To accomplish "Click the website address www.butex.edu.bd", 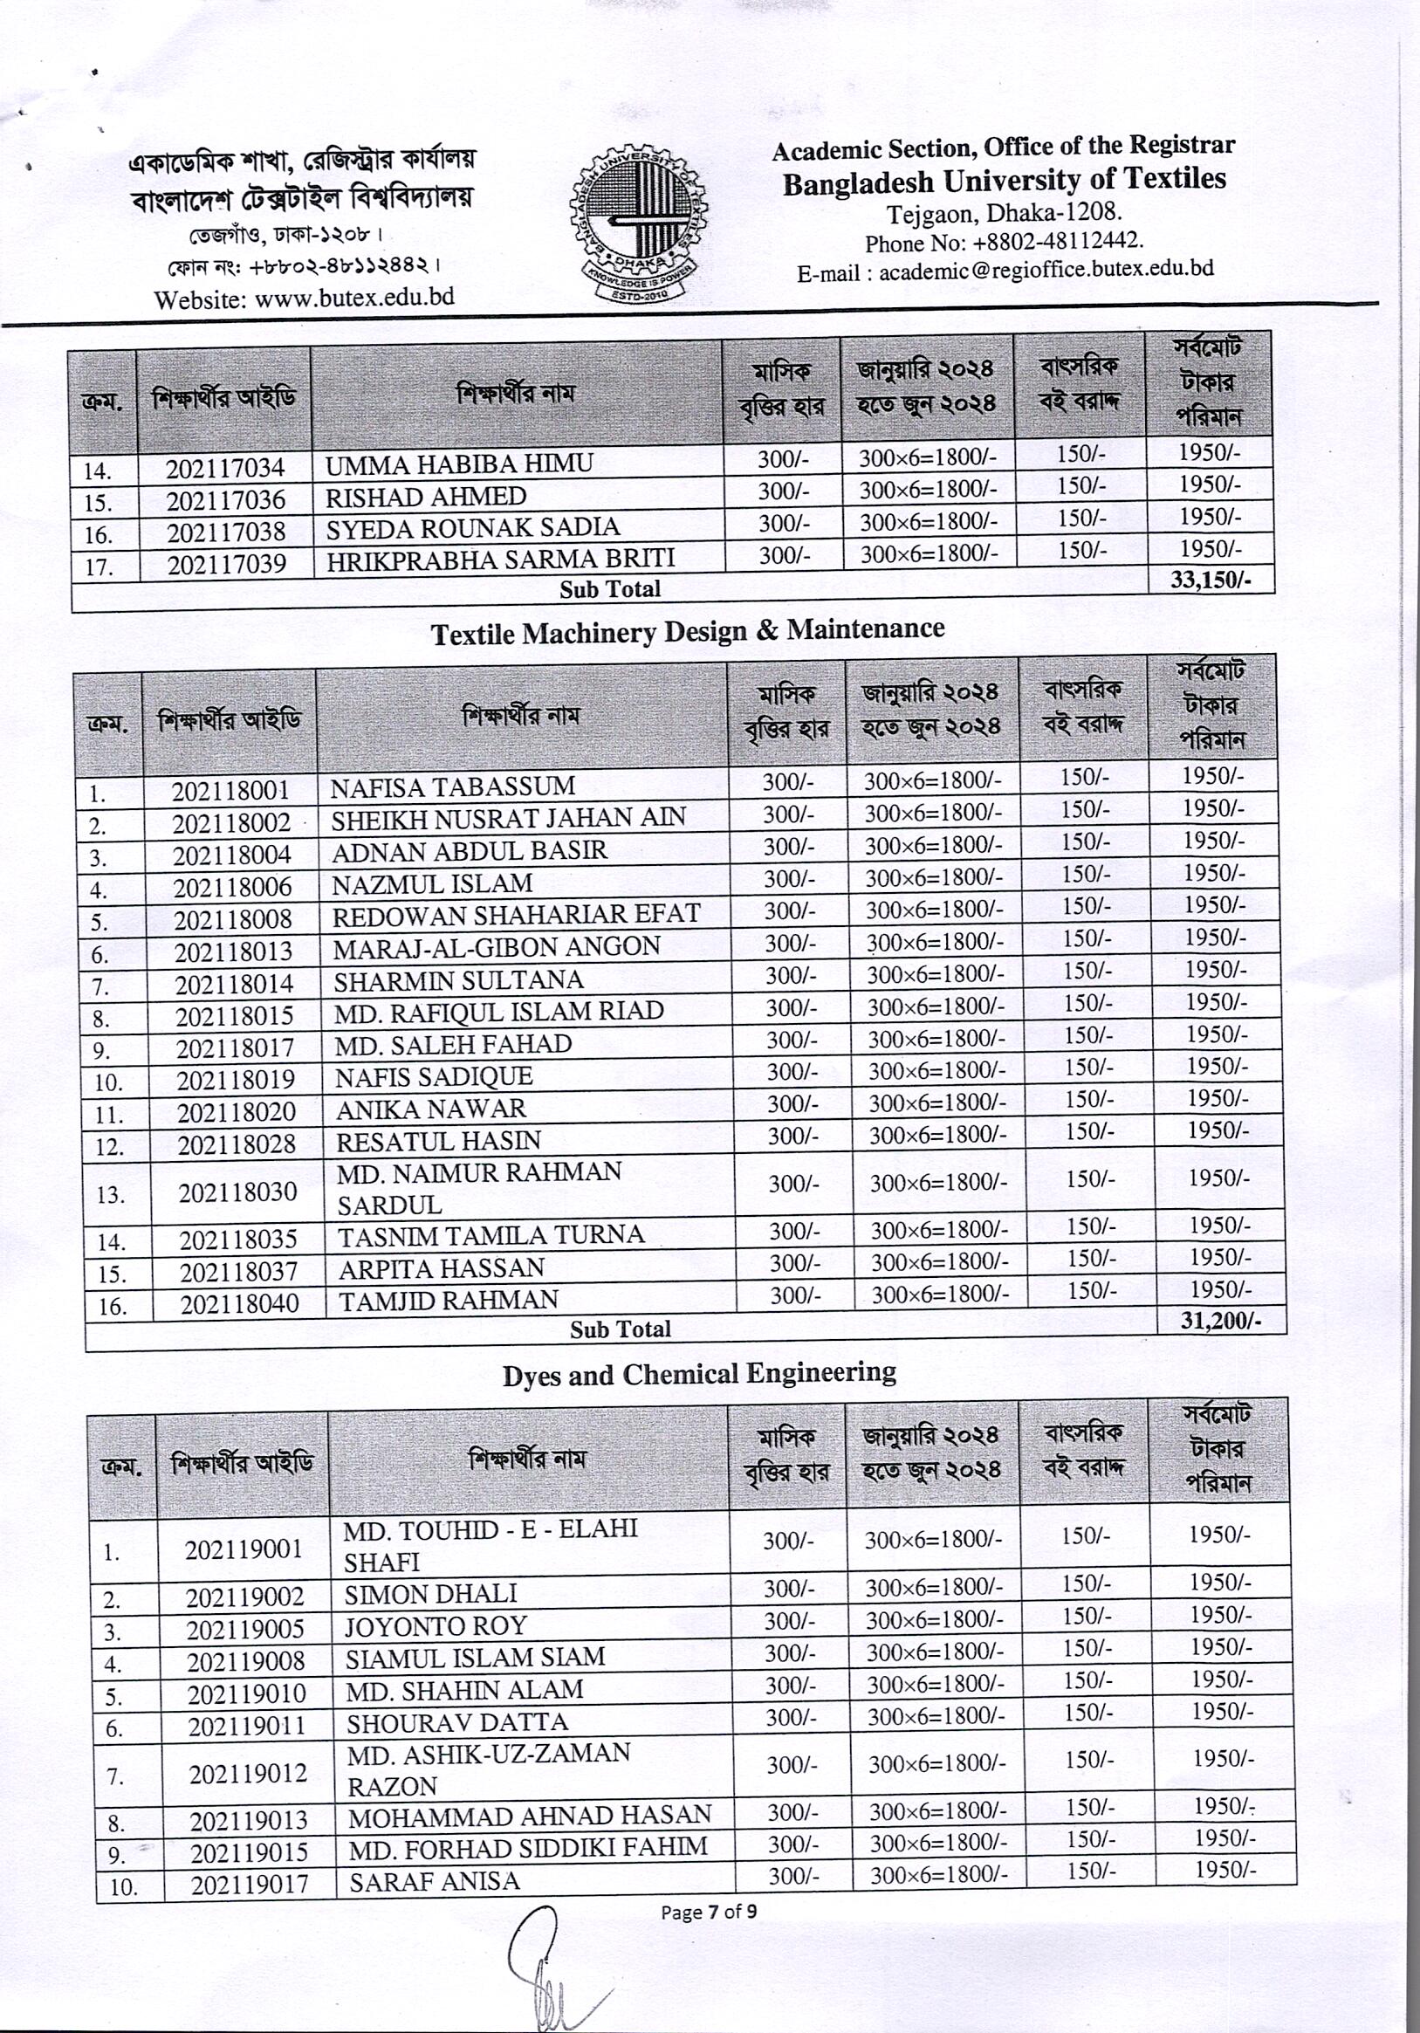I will pyautogui.click(x=353, y=297).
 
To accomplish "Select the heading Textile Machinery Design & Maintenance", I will pyautogui.click(x=688, y=630).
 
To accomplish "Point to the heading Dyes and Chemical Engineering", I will pyautogui.click(x=699, y=1373).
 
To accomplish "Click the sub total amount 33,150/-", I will pyautogui.click(x=1209, y=580).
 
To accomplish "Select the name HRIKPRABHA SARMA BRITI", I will pyautogui.click(x=500, y=558).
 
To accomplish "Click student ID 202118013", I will pyautogui.click(x=233, y=951).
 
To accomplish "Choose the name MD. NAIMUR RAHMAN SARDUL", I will pyautogui.click(x=479, y=1188).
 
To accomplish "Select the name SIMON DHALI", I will pyautogui.click(x=430, y=1594).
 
